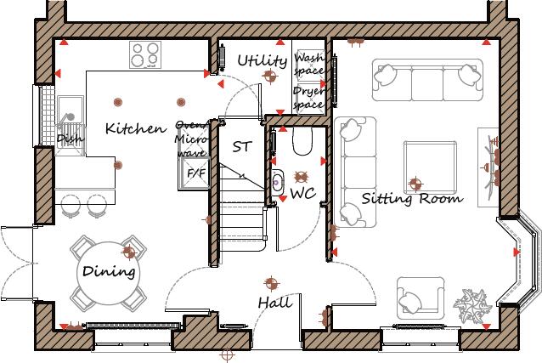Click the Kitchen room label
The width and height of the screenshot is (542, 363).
(135, 129)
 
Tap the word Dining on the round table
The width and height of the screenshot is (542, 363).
(109, 273)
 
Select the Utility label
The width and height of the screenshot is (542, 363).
(262, 60)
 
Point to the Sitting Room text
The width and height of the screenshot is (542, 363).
(412, 199)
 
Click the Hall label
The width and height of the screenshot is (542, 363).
(274, 303)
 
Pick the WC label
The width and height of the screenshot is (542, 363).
(302, 194)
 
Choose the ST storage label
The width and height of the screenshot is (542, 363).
(242, 146)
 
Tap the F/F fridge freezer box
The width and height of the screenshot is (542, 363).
(196, 173)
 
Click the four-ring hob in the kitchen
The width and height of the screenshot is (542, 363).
(145, 55)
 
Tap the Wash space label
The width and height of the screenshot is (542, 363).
(308, 64)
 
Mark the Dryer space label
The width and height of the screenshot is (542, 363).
(308, 98)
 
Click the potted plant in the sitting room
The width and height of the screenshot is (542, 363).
(470, 303)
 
